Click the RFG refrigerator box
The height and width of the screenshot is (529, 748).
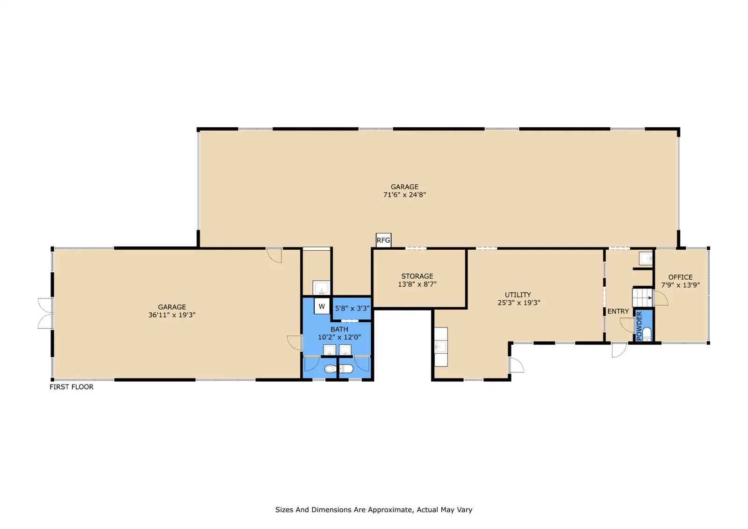[x=383, y=240]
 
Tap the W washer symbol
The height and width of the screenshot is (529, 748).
[x=322, y=306]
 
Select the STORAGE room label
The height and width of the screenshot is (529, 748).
[x=417, y=276]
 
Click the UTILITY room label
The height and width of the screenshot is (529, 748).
[x=518, y=295]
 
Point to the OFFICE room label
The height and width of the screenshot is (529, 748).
[x=680, y=277]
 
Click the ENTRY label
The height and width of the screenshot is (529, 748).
[x=618, y=312]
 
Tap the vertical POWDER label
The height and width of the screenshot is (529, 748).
[x=639, y=326]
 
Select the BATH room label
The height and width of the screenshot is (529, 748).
[x=339, y=329]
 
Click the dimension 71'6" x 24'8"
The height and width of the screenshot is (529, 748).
[x=404, y=195]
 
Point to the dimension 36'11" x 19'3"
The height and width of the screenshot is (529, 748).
[x=172, y=315]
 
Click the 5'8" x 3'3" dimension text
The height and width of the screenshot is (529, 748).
[x=352, y=308]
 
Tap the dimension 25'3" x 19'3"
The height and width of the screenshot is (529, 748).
[x=518, y=303]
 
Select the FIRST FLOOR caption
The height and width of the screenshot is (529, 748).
[x=72, y=387]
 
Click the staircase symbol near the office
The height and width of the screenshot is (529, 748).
[x=642, y=298]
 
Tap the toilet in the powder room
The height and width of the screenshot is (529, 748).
[x=647, y=334]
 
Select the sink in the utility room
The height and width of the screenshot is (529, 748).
[x=441, y=347]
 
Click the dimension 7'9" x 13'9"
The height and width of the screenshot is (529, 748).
[x=680, y=285]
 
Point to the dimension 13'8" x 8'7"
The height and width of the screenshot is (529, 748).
[x=417, y=284]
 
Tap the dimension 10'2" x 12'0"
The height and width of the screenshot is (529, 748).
[x=339, y=337]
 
